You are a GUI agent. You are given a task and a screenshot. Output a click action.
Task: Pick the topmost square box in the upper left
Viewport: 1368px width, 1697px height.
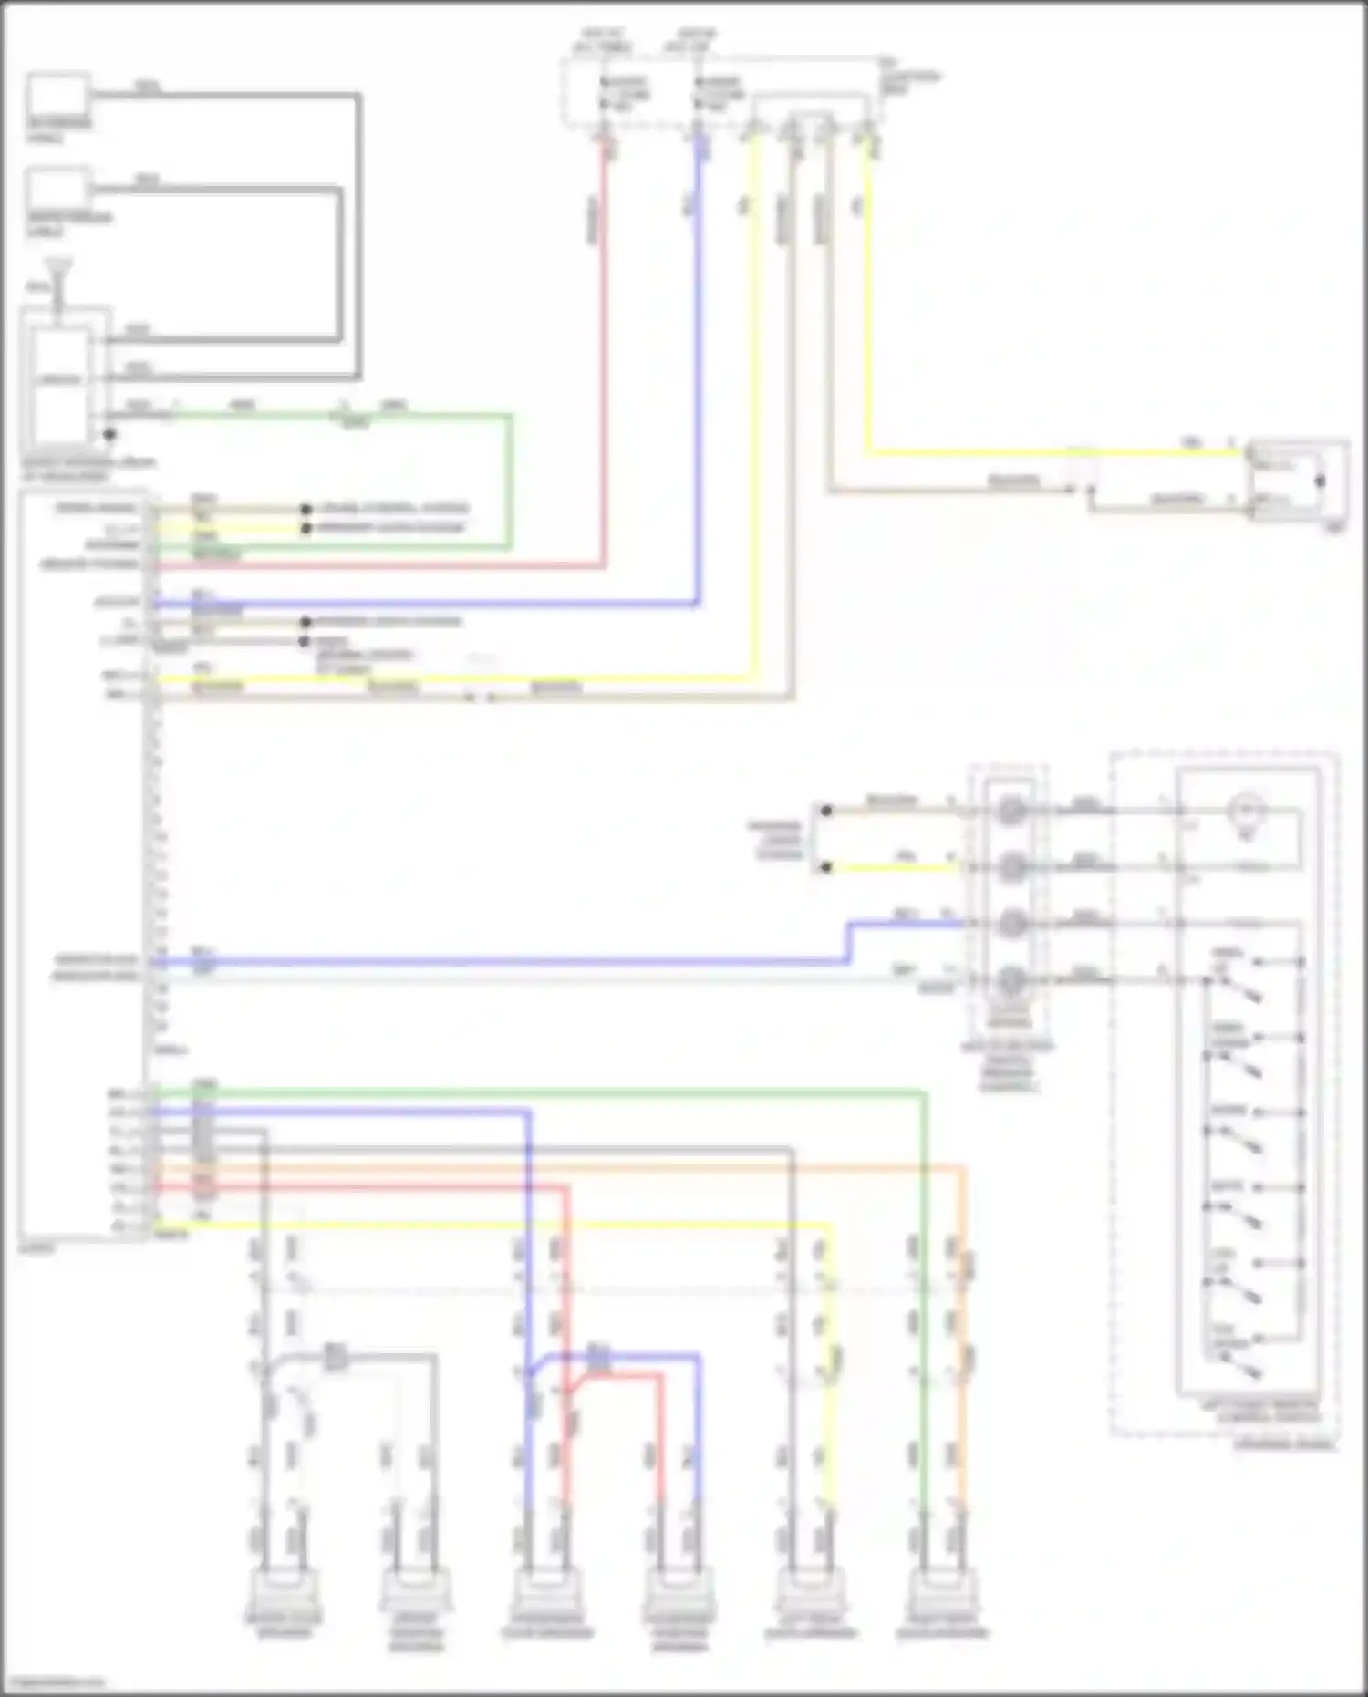point(57,97)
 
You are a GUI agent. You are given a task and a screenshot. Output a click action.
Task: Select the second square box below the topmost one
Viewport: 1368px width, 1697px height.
point(57,192)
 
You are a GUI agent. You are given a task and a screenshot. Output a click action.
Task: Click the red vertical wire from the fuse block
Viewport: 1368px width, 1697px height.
point(603,365)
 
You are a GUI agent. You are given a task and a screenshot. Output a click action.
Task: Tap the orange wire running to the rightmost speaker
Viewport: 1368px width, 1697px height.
point(961,1322)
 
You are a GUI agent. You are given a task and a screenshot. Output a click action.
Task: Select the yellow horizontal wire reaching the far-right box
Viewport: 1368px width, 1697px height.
point(1049,451)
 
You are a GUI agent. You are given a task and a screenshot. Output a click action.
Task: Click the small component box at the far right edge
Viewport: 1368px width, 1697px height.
point(1297,481)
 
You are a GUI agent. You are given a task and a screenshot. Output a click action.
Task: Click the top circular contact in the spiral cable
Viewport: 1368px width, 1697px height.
point(1010,810)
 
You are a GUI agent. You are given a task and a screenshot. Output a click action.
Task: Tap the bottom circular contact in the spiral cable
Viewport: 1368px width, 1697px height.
point(1010,981)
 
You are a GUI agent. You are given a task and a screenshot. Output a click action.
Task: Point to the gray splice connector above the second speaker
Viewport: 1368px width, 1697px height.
point(335,1356)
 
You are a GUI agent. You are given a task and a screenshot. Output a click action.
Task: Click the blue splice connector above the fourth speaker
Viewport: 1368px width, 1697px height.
point(598,1356)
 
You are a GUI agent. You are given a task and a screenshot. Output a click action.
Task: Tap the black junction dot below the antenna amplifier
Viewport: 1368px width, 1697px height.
point(109,435)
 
